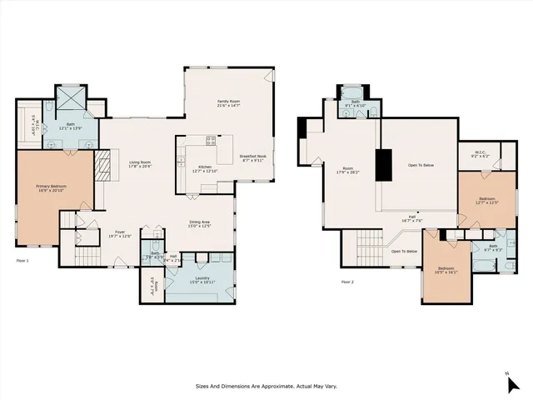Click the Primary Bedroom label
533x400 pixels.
(51, 187)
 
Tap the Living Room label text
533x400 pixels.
(139, 164)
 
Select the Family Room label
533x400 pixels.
(228, 103)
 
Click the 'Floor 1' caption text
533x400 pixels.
(22, 261)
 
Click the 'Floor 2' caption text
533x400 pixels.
(347, 282)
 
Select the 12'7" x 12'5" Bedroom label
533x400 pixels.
(486, 200)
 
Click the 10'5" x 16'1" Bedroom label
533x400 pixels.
(448, 270)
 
